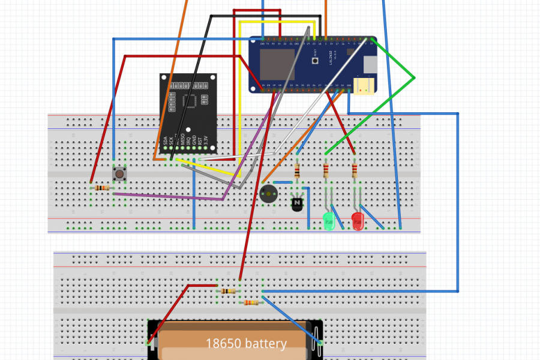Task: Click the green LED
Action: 328,221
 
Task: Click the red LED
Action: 358,221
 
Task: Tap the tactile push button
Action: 120,174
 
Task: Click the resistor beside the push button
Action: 104,188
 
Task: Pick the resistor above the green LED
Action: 326,171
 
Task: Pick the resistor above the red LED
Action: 355,171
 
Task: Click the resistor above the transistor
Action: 297,171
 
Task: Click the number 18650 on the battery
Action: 221,344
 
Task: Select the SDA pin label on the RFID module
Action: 165,143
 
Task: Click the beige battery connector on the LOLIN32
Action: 362,86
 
